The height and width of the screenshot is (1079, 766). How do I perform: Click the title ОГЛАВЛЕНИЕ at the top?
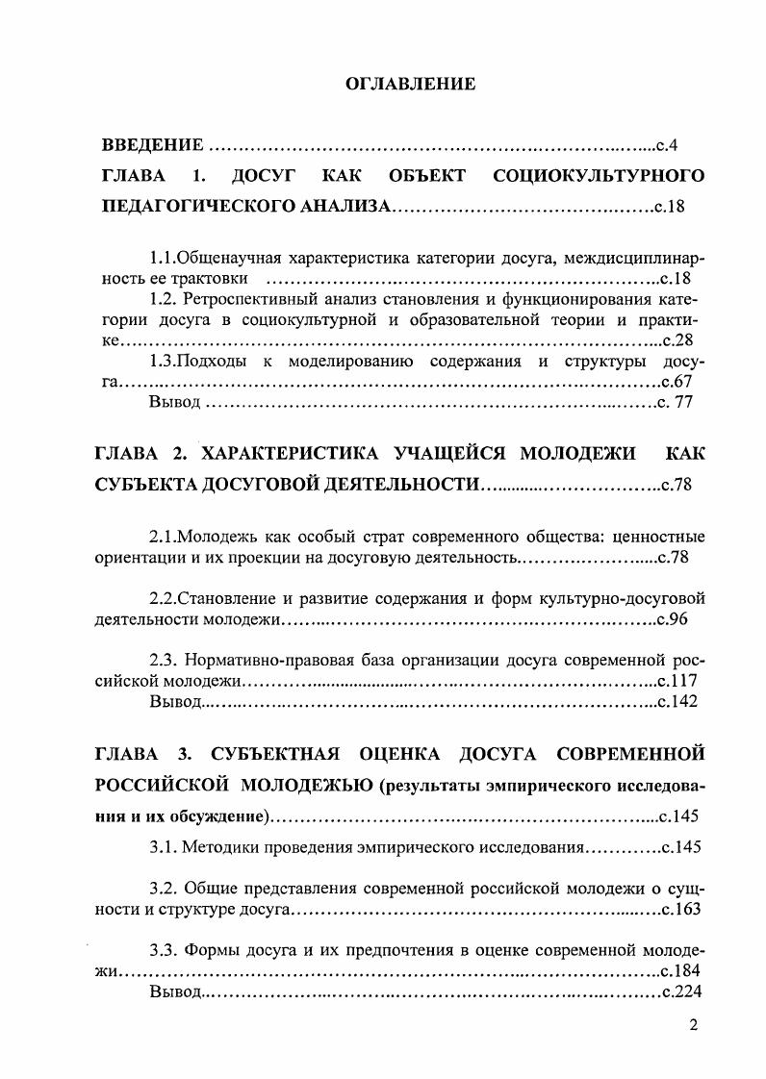[411, 85]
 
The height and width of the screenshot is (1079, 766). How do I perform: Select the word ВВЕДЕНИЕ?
[152, 146]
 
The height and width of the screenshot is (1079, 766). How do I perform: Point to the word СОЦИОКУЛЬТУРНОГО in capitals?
[599, 176]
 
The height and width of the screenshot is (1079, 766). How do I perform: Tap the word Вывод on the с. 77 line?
[174, 402]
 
